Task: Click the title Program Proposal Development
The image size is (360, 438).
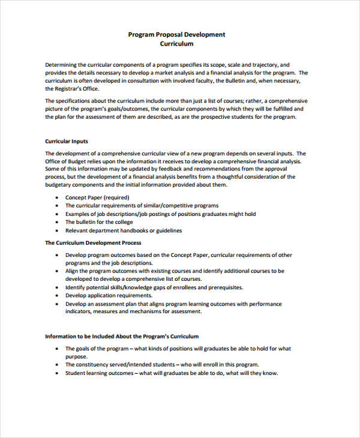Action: [x=177, y=34]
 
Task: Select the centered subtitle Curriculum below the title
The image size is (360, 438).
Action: [x=177, y=44]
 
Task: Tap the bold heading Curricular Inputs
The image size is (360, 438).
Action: [x=67, y=142]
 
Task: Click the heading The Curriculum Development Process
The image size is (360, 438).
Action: [x=93, y=243]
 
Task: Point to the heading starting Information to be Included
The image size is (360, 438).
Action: [x=122, y=337]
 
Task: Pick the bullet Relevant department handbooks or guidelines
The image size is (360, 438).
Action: [x=124, y=230]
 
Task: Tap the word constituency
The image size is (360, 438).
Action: [x=95, y=364]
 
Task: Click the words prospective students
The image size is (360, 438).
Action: [x=241, y=118]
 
